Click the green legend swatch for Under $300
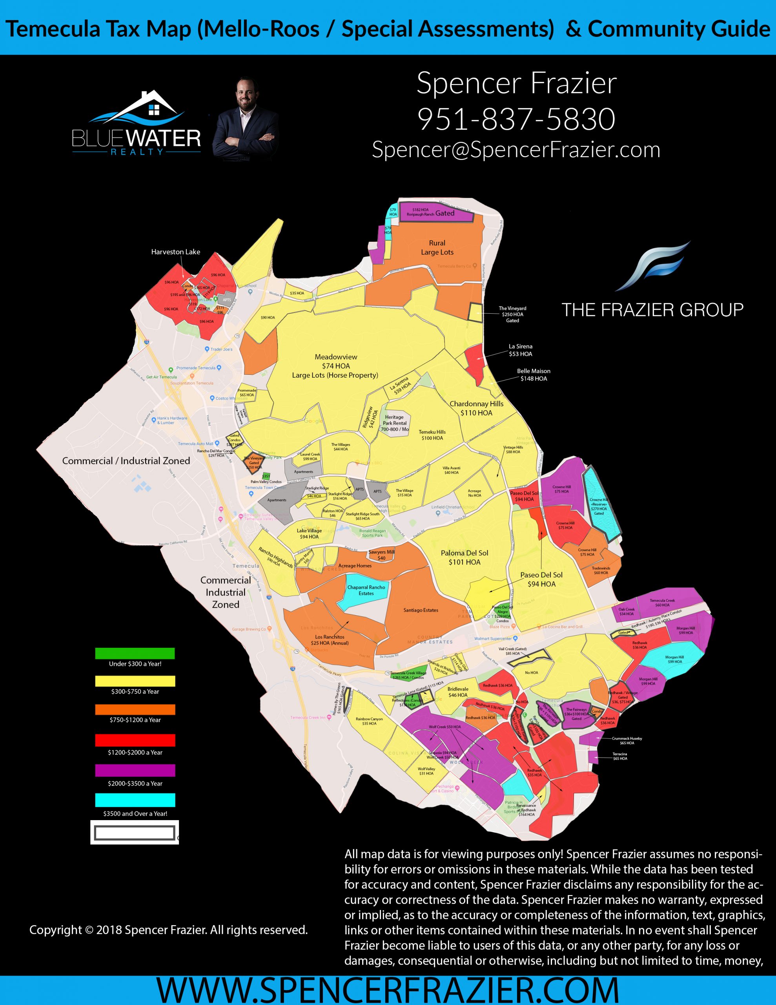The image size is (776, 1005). coord(135,653)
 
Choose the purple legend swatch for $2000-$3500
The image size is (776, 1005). coord(135,770)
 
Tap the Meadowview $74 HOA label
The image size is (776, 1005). coord(335,366)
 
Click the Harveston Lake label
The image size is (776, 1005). coord(175,252)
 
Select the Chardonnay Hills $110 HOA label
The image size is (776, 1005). coord(476,408)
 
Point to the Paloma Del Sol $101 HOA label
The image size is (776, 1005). coord(464,557)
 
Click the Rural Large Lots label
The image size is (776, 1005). coord(437,248)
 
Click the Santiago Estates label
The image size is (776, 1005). coord(421,610)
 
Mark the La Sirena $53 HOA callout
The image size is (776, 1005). coord(520,350)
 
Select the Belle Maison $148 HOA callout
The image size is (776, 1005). coord(533,375)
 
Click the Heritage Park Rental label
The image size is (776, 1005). coord(394,422)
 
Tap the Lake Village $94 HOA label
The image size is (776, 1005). coord(309,534)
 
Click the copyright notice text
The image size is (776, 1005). coord(168,930)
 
